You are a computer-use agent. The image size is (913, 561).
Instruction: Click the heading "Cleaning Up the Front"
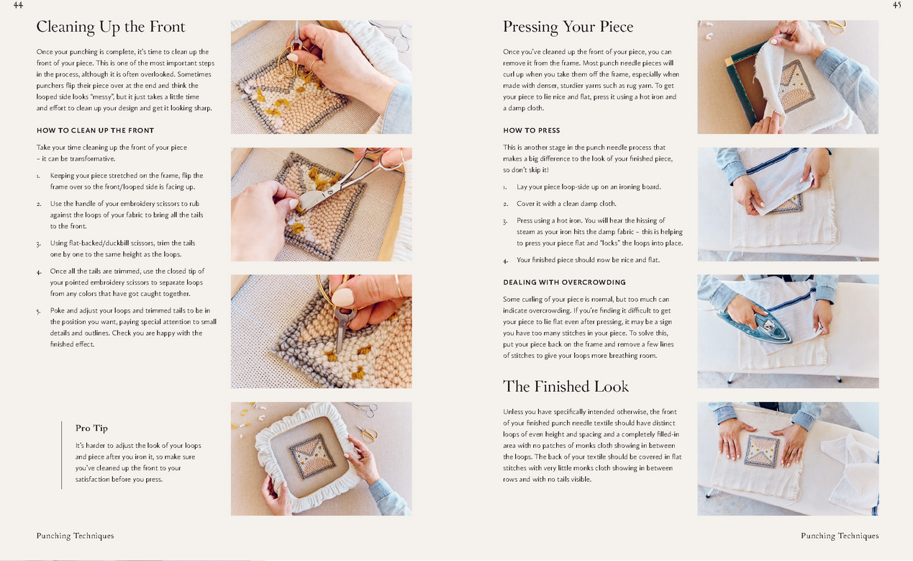(111, 27)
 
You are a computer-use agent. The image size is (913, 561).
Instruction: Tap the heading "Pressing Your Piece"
(568, 27)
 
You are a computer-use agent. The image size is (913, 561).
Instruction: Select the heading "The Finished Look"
(565, 387)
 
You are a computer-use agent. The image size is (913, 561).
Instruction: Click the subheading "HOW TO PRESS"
(532, 130)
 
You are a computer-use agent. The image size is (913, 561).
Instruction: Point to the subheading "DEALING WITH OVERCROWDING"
(564, 282)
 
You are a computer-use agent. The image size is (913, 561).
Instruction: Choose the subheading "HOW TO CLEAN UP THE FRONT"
(96, 130)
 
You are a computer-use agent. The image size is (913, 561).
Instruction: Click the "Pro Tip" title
(91, 428)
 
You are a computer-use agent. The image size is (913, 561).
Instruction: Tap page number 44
(18, 5)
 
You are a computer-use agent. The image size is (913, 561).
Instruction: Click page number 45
(896, 5)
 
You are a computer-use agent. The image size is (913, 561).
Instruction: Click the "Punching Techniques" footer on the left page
(75, 536)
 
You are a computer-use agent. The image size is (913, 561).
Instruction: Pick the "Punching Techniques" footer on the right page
(840, 536)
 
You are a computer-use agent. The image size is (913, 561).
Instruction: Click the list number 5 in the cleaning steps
(38, 311)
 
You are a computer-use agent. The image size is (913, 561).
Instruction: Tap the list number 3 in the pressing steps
(505, 221)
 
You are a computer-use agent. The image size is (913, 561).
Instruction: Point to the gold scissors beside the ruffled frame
(367, 434)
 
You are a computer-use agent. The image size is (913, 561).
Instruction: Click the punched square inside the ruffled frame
(313, 456)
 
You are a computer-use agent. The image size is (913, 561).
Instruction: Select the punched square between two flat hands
(760, 450)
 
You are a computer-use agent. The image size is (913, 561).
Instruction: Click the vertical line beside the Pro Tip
(62, 455)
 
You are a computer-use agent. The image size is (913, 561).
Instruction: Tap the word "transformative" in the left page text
(92, 158)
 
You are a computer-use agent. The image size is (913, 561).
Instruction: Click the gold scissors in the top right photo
(838, 27)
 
